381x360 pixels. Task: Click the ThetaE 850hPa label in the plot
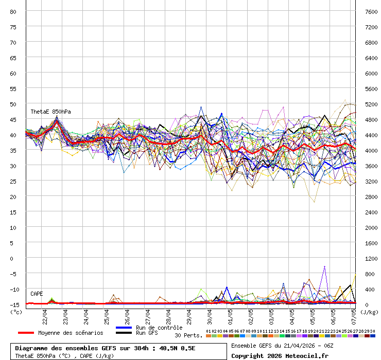pyautogui.click(x=50, y=112)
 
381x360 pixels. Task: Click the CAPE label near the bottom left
pyautogui.click(x=37, y=294)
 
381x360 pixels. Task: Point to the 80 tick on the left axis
pyautogui.click(x=13, y=11)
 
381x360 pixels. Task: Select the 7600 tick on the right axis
pyautogui.click(x=371, y=11)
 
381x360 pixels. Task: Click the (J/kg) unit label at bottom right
pyautogui.click(x=369, y=312)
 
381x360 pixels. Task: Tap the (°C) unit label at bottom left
pyautogui.click(x=16, y=312)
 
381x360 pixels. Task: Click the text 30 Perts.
pyautogui.click(x=188, y=335)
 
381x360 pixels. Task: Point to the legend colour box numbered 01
pyautogui.click(x=208, y=336)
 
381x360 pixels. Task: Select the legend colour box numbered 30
pyautogui.click(x=372, y=336)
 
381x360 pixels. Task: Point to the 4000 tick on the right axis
pyautogui.click(x=371, y=150)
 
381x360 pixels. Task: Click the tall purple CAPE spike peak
pyautogui.click(x=324, y=266)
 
